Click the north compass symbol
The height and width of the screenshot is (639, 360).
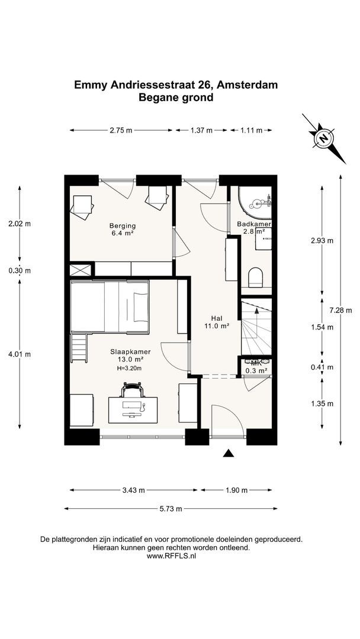point(324,138)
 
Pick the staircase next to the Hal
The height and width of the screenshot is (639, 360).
point(256,327)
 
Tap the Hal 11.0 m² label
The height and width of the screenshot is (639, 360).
point(216,322)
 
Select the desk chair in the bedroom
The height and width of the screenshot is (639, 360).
point(133,389)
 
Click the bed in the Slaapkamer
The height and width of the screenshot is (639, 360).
point(110,306)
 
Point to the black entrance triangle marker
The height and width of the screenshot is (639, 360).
point(229,453)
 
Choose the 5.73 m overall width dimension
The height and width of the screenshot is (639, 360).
point(171,509)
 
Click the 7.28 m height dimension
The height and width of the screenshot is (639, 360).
point(340,310)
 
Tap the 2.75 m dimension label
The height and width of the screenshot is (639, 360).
point(121,130)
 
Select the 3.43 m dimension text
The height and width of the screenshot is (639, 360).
point(133,490)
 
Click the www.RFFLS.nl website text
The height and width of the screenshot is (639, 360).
point(171,556)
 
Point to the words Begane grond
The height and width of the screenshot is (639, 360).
point(176,98)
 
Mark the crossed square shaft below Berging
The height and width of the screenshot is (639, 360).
point(79,270)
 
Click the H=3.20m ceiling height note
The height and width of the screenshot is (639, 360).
point(129,368)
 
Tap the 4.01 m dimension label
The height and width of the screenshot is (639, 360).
point(20,354)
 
